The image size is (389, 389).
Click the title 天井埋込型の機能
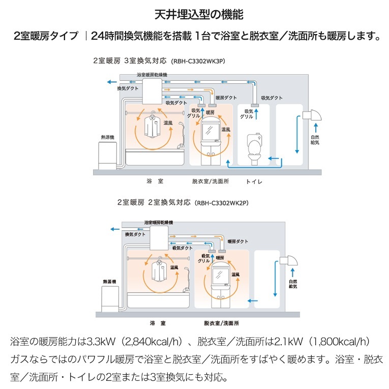tap(194, 13)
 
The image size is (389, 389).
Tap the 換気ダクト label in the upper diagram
tap(127, 88)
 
